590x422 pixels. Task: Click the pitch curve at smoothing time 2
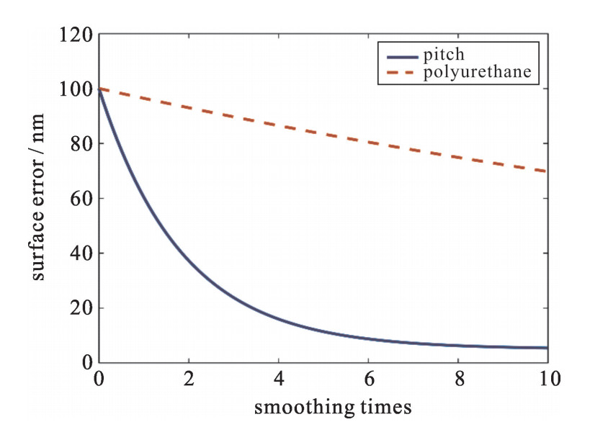[189, 263]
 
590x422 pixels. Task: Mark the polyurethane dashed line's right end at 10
[547, 171]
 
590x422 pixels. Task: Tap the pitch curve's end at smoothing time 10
[547, 348]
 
